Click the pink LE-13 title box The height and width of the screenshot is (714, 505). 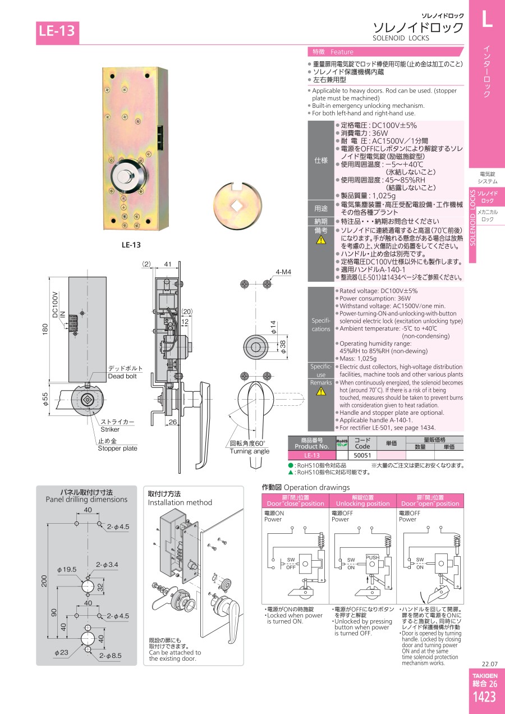(57, 33)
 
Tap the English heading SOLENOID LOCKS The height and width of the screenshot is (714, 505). (401, 38)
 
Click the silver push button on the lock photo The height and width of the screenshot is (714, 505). (124, 176)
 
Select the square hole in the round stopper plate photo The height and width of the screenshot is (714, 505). (236, 206)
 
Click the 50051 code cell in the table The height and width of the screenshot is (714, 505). (362, 455)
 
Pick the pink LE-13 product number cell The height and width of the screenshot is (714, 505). (311, 455)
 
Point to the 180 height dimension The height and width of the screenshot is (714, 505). (45, 329)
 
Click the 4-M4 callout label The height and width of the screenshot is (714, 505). (283, 272)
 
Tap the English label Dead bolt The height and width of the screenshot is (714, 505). (122, 376)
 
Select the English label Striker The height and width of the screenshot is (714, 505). (110, 429)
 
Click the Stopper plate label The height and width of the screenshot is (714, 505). (118, 448)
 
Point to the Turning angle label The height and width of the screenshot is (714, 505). (250, 451)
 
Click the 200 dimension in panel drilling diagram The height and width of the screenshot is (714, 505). (44, 581)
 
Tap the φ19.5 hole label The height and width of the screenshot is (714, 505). (67, 569)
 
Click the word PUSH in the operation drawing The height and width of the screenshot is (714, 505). (373, 557)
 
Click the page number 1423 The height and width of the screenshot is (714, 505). (484, 697)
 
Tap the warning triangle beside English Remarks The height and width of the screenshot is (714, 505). (321, 391)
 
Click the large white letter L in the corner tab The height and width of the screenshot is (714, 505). (486, 19)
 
